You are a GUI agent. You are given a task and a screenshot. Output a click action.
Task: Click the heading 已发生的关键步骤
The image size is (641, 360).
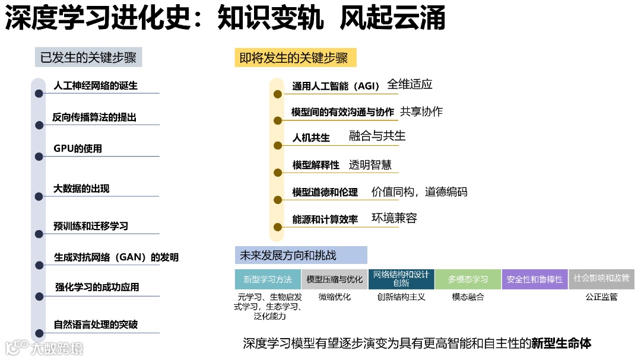click(88, 58)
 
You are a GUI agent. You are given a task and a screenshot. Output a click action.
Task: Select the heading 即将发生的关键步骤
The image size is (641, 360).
click(294, 58)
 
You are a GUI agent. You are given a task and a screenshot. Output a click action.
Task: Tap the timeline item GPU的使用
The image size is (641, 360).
click(78, 149)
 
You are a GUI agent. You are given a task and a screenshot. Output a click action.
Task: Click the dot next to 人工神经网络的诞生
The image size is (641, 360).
click(39, 93)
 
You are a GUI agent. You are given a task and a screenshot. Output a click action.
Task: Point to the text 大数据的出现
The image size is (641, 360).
click(81, 189)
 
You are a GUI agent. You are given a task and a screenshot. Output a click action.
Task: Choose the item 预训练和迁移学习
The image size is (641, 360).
click(90, 226)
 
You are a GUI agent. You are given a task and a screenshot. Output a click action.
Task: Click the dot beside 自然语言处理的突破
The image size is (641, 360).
click(39, 333)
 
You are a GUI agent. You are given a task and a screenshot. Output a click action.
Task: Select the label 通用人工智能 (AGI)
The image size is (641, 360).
click(335, 87)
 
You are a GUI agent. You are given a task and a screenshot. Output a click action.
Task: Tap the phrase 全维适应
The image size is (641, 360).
click(410, 84)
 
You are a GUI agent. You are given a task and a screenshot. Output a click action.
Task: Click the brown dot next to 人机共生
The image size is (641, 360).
click(277, 145)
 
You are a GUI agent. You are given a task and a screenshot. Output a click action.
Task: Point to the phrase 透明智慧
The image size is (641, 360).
click(370, 165)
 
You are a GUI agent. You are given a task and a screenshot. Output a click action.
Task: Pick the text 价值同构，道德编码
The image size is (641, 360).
click(419, 192)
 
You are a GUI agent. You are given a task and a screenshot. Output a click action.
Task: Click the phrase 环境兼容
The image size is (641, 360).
click(394, 218)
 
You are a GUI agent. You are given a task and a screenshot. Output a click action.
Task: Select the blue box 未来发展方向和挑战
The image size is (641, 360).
click(300, 255)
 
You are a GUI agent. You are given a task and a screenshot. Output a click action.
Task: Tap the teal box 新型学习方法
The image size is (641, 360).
click(268, 279)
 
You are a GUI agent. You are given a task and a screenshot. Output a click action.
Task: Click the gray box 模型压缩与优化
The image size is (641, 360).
click(334, 279)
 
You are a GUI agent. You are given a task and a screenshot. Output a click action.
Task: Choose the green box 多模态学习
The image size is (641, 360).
click(468, 279)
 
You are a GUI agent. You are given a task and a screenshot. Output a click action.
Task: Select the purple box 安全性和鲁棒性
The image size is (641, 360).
click(534, 279)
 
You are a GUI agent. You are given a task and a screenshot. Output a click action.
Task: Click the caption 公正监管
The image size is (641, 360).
click(601, 297)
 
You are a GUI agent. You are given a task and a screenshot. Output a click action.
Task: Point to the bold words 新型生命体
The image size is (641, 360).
click(561, 343)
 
